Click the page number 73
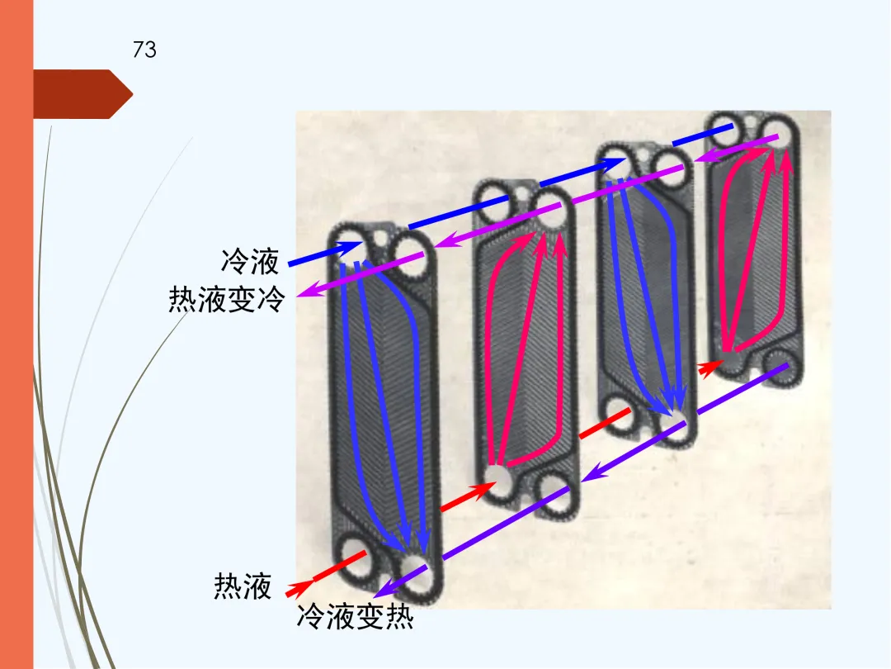144,50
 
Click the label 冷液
250,263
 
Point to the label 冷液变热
355,616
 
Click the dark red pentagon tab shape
82,94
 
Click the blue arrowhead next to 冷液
351,246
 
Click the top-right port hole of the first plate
408,251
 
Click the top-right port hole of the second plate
551,216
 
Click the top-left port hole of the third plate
620,159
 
